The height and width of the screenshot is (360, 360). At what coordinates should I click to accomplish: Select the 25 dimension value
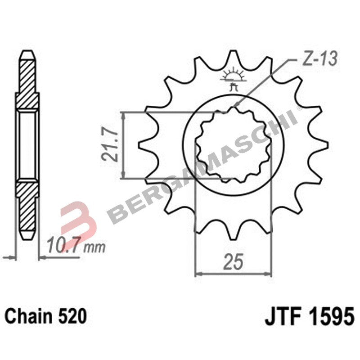[x=233, y=262]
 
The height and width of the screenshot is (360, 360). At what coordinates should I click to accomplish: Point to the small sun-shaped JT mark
[x=233, y=76]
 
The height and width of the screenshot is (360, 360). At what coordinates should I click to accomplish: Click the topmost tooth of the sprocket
[x=233, y=58]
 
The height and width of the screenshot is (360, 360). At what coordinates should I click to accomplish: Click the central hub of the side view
[x=27, y=144]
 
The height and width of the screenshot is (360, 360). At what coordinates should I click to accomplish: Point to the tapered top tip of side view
[x=27, y=53]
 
